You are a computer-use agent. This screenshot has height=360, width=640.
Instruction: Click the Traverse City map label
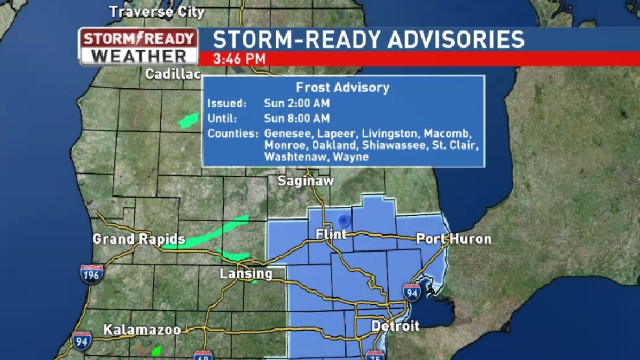point(156,12)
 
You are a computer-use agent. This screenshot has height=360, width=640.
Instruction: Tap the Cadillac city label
point(173,74)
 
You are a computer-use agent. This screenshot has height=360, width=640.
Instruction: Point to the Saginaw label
point(305,181)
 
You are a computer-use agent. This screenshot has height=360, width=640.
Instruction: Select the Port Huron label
point(453,239)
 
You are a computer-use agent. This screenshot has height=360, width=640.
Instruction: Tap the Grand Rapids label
point(139,239)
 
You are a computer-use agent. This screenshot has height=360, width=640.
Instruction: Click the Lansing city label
point(246,274)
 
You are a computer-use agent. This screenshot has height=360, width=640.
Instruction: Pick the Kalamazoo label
point(142,330)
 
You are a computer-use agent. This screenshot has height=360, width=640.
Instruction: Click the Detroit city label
point(395,326)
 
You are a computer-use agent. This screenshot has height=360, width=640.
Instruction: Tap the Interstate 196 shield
point(92,273)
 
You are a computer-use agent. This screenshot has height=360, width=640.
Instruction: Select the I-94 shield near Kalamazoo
point(81,341)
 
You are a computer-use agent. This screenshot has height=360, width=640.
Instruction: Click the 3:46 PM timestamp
point(240,59)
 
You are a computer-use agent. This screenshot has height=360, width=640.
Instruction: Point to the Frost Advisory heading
point(342,88)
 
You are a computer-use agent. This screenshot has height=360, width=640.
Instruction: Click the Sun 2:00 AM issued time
point(297,103)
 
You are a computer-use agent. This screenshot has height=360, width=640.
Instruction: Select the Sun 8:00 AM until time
point(297,119)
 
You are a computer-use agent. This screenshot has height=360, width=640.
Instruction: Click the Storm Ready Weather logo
point(138,46)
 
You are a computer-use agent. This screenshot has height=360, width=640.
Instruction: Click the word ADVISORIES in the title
point(456,39)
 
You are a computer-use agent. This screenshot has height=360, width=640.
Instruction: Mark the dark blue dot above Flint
point(343,221)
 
